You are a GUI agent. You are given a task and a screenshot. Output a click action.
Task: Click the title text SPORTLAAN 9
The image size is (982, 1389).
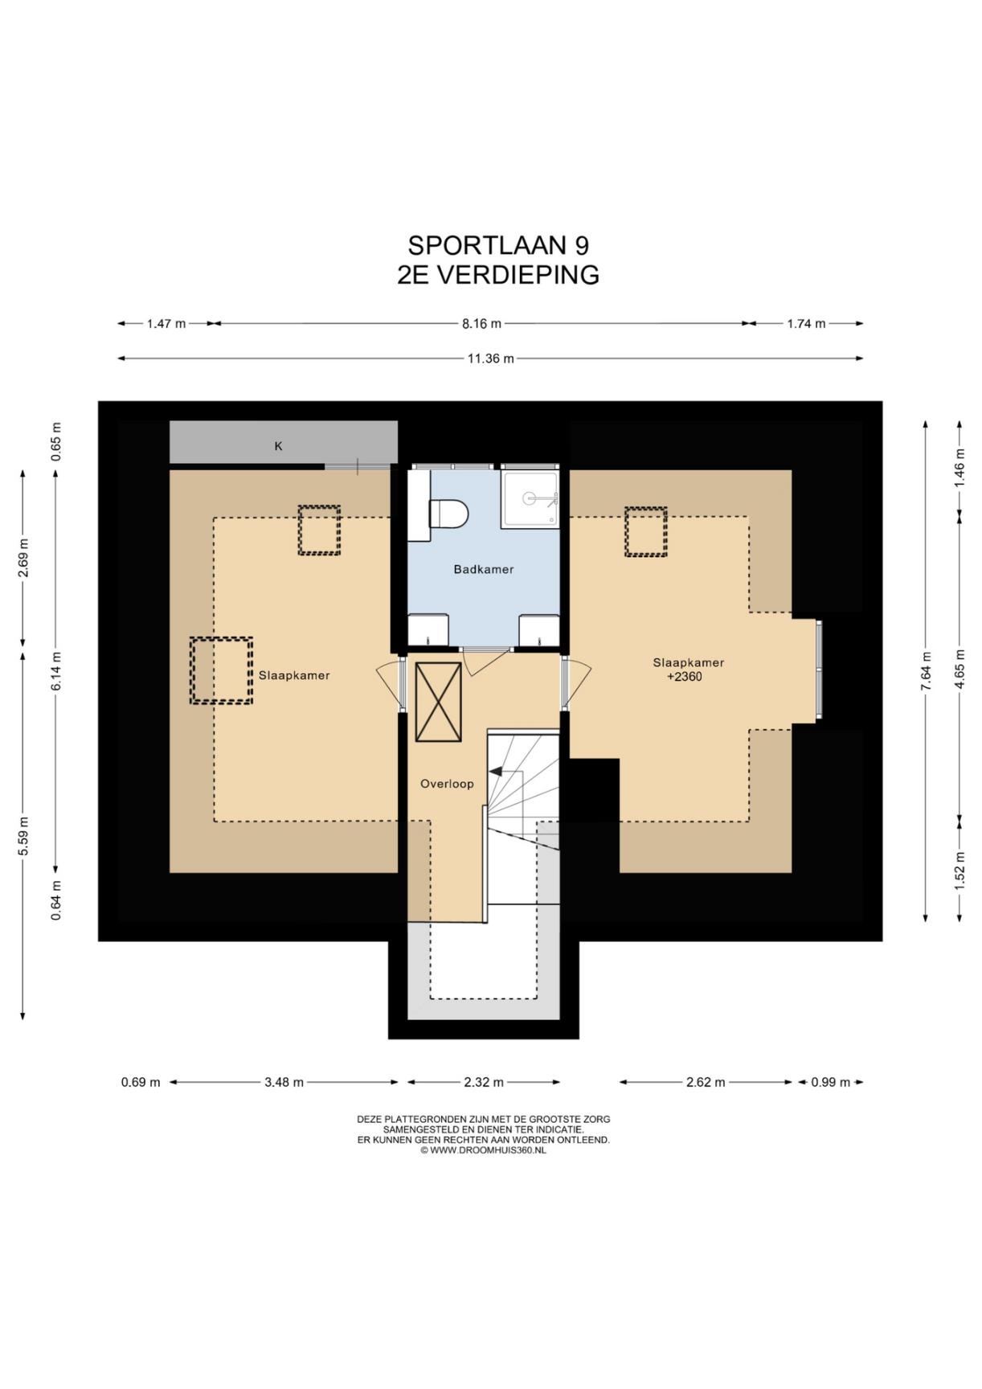(498, 244)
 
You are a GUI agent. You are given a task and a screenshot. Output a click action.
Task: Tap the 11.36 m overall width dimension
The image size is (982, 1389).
(490, 359)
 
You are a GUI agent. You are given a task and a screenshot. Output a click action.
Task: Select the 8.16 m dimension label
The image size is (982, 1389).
(481, 324)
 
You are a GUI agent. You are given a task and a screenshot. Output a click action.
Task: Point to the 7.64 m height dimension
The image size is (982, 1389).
(926, 671)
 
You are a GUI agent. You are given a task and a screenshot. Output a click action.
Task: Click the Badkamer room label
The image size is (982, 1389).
(483, 569)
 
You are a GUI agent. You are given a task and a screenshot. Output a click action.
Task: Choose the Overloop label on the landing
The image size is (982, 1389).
(447, 784)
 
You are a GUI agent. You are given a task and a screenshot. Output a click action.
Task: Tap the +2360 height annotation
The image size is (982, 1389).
(685, 677)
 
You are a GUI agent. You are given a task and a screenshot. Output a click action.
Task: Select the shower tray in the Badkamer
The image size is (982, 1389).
(530, 498)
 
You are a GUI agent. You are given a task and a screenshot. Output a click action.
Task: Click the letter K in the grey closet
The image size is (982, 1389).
(279, 446)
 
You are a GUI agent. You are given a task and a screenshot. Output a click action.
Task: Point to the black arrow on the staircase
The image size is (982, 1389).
(496, 771)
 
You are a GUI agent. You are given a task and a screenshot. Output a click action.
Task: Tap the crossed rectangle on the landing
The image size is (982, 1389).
(438, 702)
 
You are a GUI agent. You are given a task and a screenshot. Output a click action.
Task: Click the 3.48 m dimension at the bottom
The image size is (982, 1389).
(284, 1082)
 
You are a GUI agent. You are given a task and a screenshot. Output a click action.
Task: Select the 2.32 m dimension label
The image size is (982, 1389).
(484, 1082)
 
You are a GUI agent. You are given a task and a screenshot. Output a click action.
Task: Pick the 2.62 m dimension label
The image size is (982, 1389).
(706, 1082)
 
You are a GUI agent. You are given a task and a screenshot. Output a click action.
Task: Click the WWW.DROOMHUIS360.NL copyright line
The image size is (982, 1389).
(483, 1150)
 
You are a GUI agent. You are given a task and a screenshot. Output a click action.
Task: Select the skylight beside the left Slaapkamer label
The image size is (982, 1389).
(221, 670)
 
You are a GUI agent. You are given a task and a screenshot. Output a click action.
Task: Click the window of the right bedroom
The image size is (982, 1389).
(819, 670)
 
